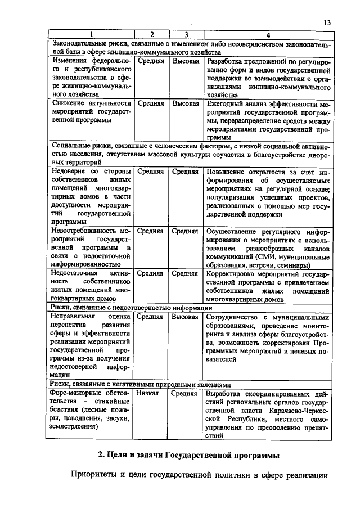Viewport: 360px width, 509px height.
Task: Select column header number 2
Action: click(x=151, y=35)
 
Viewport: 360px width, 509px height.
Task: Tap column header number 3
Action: click(x=185, y=35)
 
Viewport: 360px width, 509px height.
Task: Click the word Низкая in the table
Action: click(x=148, y=394)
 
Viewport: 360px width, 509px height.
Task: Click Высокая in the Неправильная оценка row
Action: click(x=186, y=316)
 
